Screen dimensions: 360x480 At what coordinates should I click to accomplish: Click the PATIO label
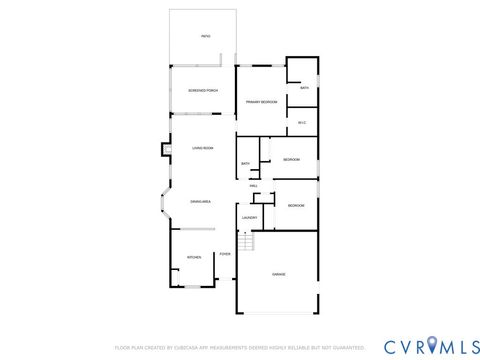[205, 36]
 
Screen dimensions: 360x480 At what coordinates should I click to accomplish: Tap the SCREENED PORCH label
[203, 91]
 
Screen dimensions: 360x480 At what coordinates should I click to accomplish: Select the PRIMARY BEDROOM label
[261, 101]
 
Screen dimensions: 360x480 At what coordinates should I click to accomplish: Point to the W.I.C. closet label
[301, 122]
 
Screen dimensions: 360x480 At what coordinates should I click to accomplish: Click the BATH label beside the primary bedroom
[304, 88]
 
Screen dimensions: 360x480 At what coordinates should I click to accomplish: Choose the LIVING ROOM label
[203, 148]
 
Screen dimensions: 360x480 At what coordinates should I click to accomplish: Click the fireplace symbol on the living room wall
[166, 151]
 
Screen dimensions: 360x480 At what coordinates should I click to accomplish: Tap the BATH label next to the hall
[245, 164]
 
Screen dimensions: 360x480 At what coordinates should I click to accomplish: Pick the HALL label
[254, 185]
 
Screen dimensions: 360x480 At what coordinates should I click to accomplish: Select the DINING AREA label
[201, 201]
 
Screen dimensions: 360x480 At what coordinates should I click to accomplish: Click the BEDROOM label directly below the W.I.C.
[292, 160]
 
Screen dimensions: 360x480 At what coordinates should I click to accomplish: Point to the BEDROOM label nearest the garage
[296, 205]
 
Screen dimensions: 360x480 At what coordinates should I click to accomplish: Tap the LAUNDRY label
[249, 217]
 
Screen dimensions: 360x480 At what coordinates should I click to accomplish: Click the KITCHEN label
[194, 257]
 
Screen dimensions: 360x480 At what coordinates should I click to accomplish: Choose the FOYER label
[225, 255]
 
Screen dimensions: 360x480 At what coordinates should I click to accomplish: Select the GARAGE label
[278, 273]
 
